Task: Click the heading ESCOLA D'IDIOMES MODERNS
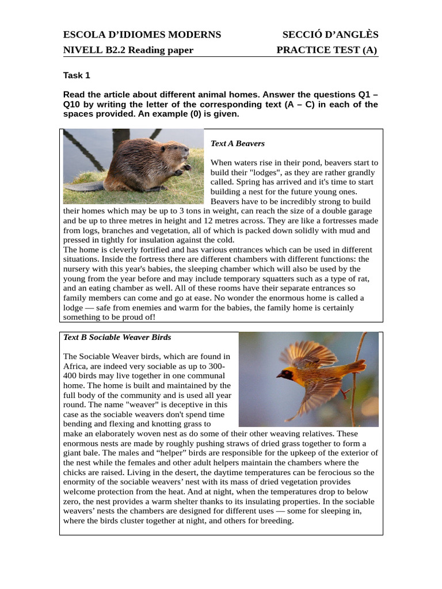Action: pos(142,35)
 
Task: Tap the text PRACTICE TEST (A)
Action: pos(326,50)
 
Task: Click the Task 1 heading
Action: pos(76,75)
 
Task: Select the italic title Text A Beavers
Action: pos(237,143)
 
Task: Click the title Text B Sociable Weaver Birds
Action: pos(117,337)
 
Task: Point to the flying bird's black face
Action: pos(284,374)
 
